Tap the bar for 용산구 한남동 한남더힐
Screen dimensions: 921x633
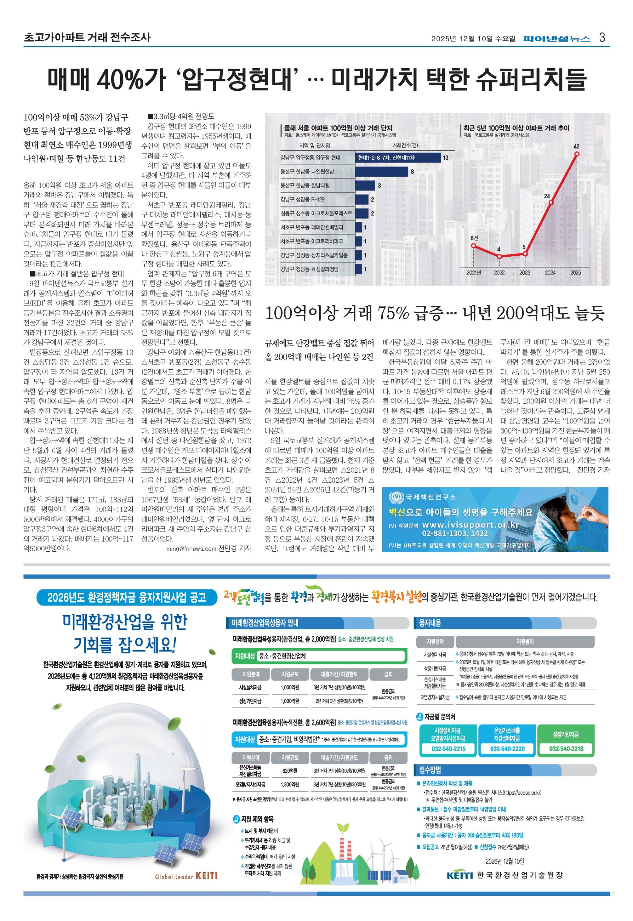365,186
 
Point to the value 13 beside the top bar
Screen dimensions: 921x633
445,158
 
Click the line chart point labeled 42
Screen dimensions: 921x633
576,153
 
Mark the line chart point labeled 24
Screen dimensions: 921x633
551,203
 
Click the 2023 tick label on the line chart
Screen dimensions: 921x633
525,273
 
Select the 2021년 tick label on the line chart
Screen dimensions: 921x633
474,273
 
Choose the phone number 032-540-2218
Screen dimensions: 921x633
566,749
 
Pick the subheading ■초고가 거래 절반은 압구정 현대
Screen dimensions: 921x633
77,273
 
